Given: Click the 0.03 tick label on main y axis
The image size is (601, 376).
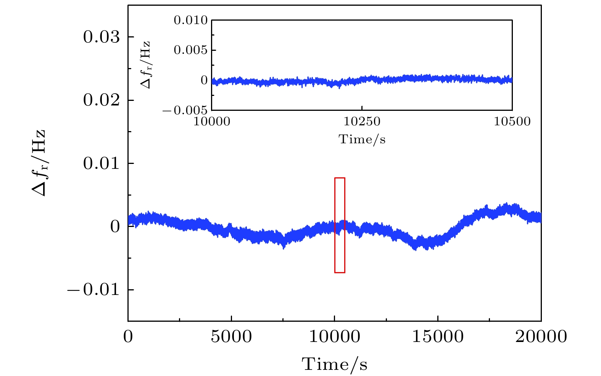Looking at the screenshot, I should (x=102, y=37).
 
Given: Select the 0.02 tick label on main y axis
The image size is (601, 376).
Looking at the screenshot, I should (x=102, y=100).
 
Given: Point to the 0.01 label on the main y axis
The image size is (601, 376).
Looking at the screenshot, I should (x=102, y=164).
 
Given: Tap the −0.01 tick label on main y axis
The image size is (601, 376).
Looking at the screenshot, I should (x=93, y=290).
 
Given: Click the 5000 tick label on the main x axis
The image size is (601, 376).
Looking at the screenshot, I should (x=231, y=337).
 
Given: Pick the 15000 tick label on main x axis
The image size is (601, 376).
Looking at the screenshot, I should (x=438, y=337).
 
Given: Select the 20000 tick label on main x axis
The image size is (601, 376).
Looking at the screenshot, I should (x=541, y=337).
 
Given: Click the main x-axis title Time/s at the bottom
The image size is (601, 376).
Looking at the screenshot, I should (x=335, y=364).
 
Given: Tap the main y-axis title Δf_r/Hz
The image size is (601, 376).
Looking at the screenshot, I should (x=39, y=162).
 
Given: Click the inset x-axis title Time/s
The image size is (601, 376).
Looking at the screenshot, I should (x=362, y=139).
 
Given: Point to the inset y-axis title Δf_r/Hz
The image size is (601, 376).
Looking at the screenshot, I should (x=146, y=65).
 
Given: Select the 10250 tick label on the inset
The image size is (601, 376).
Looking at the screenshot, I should (x=362, y=122).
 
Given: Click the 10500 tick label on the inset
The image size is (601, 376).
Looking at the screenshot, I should (x=512, y=122).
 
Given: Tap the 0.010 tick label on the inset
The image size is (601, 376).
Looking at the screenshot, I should (x=191, y=20).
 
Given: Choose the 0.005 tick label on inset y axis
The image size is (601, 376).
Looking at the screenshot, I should (x=191, y=50).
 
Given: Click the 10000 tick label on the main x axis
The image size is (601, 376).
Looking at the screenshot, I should (x=335, y=337).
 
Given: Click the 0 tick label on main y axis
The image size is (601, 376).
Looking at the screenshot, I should (x=115, y=227).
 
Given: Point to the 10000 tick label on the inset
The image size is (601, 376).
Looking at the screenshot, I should (x=212, y=122).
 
